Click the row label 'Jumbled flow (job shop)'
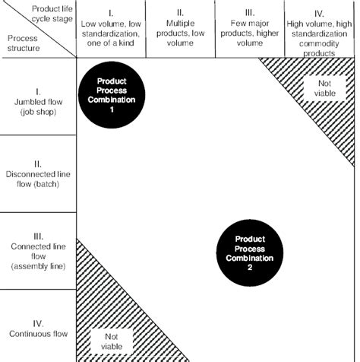pyautogui.click(x=39, y=104)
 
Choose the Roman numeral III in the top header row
pyautogui.click(x=249, y=12)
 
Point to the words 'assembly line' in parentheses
pyautogui.click(x=39, y=266)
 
